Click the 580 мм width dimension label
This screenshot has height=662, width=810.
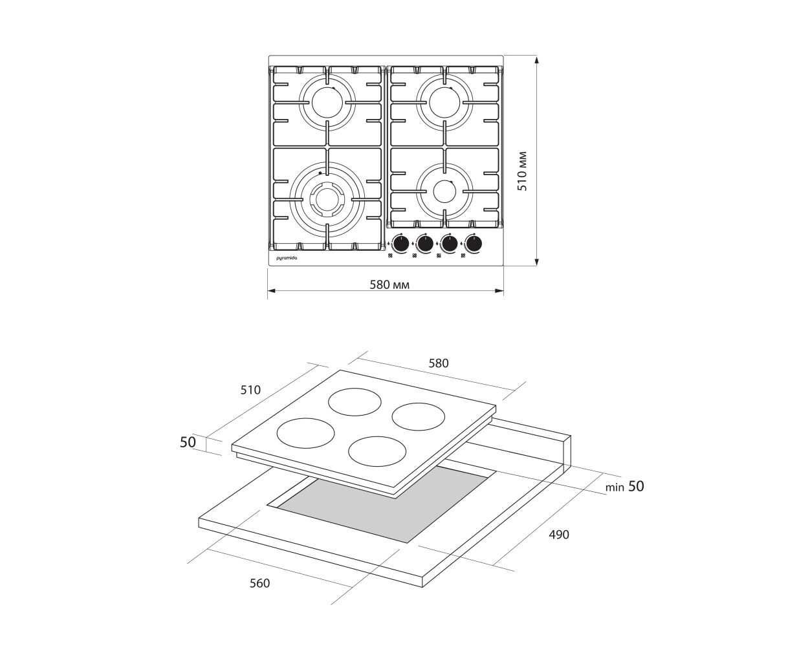[389, 284]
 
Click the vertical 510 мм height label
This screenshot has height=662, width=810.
[522, 171]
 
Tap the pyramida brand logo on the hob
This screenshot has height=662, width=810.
[287, 259]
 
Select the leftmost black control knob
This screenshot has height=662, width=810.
[401, 243]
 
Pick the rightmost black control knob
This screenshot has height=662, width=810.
[474, 243]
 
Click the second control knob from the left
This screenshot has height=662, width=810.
[425, 243]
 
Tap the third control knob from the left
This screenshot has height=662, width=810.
[450, 243]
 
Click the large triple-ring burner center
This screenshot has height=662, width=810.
[327, 198]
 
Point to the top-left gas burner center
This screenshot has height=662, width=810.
[327, 102]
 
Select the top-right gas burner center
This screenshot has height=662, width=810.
[444, 102]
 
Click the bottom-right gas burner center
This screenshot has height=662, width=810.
[444, 191]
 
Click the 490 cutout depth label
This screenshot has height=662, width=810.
[559, 535]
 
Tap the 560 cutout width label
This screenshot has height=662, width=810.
[259, 583]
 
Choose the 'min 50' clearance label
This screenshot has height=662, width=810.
[624, 486]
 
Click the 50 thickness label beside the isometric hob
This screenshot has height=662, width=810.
[188, 442]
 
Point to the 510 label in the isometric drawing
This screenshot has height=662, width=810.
[250, 390]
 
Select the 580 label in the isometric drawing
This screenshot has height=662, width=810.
[439, 363]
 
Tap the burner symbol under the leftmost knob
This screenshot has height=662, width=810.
[390, 255]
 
